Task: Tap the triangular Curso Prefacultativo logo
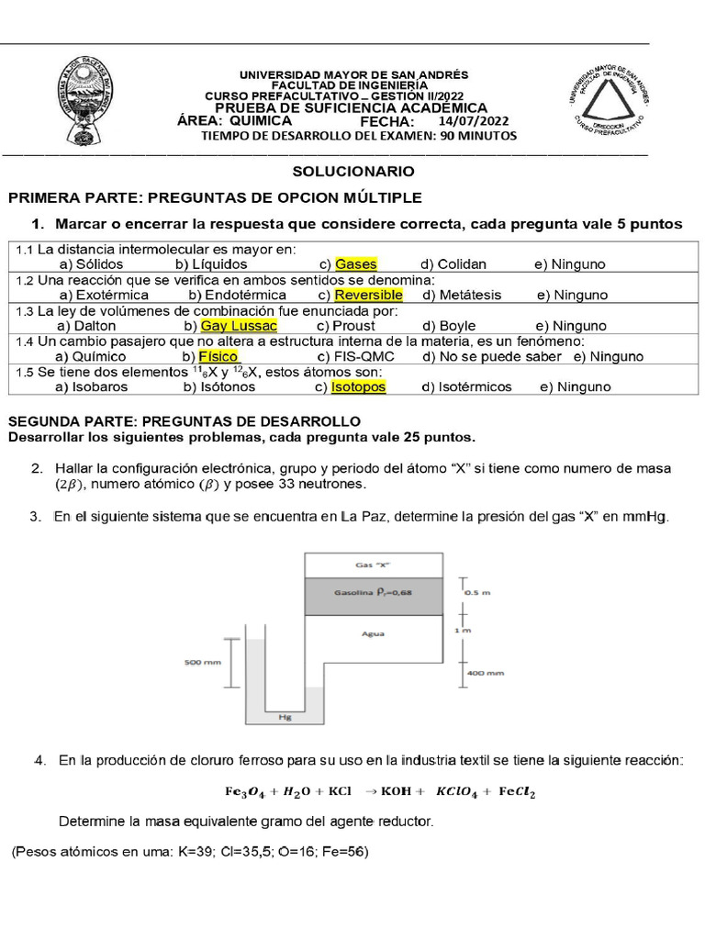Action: [607, 102]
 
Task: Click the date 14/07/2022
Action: [473, 120]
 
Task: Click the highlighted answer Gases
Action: [355, 264]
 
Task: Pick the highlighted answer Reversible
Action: [368, 296]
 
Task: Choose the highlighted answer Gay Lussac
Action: [238, 326]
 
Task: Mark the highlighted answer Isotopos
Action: [358, 387]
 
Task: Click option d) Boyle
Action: [449, 326]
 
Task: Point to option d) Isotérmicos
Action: [466, 387]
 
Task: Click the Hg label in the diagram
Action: [285, 718]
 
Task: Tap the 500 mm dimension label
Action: [200, 661]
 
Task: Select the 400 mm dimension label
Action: [487, 673]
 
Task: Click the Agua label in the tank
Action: [373, 633]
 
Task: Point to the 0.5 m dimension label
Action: [478, 593]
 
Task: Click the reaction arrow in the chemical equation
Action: [372, 790]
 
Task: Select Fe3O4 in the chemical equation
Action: [248, 790]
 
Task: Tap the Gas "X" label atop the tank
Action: [373, 565]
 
